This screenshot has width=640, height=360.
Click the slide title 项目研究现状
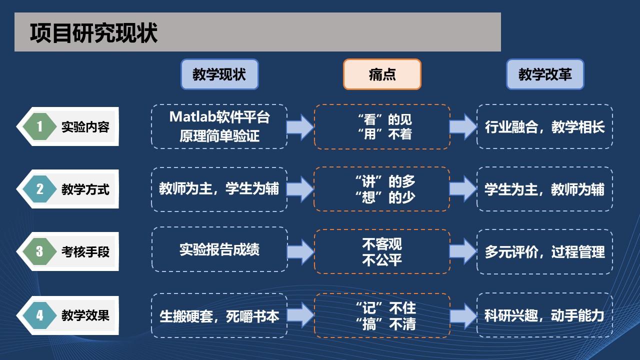click(x=94, y=33)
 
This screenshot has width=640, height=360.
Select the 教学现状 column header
click(x=219, y=74)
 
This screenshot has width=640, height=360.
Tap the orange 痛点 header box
click(x=382, y=74)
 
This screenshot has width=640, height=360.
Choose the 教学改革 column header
click(x=545, y=74)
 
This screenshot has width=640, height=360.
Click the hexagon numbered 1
click(x=40, y=126)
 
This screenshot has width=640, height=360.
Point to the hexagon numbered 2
click(x=40, y=189)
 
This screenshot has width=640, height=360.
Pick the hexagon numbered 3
click(x=40, y=251)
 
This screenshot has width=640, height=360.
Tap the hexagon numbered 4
click(x=40, y=315)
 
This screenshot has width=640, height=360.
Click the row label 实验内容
click(x=85, y=127)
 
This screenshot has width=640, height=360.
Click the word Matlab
click(x=192, y=117)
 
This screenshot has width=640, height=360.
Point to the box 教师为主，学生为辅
click(x=219, y=189)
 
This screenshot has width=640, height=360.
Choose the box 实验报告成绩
click(x=219, y=249)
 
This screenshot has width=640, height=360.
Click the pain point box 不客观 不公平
click(x=382, y=251)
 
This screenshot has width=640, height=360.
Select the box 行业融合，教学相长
click(x=544, y=127)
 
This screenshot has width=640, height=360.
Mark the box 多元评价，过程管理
click(x=544, y=252)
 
